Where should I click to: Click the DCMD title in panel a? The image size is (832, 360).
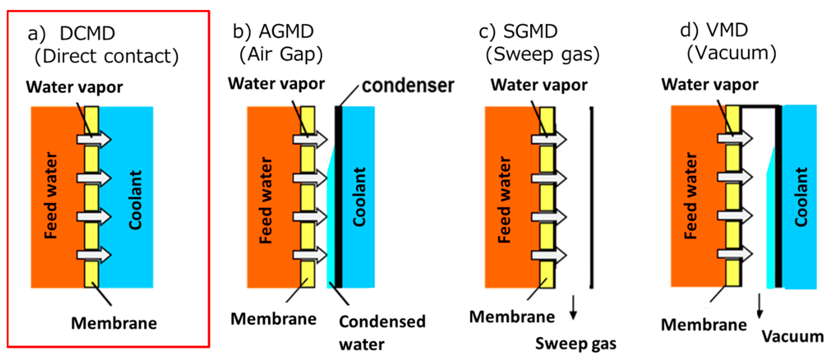tap(87, 33)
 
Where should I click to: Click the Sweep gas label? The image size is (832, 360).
tap(576, 344)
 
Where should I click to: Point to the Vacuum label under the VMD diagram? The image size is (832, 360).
tap(793, 337)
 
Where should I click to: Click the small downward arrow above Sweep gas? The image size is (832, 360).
tap(573, 307)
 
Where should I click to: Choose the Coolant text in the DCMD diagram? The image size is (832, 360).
tap(135, 200)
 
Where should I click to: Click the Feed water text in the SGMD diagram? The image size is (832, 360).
tap(504, 200)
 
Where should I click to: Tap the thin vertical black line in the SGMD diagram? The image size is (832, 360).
tap(591, 197)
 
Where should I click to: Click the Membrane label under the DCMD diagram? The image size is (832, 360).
tap(114, 323)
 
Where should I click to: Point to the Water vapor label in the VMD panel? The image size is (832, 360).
tap(710, 85)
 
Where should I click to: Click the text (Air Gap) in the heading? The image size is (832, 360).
tap(281, 54)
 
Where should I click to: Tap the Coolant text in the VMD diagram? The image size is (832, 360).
tap(801, 197)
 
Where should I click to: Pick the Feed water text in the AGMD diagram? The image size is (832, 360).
tap(266, 200)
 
